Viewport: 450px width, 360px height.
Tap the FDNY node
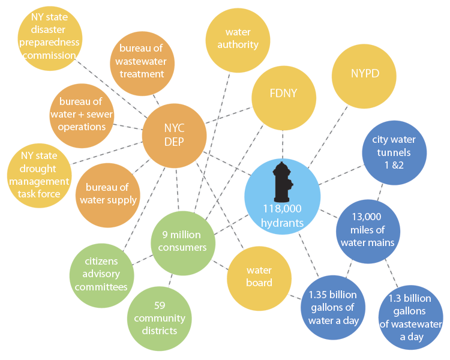click(x=283, y=94)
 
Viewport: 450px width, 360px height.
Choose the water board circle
click(x=259, y=277)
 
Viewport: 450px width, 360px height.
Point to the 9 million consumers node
click(x=184, y=241)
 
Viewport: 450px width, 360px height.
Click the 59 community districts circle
click(x=159, y=318)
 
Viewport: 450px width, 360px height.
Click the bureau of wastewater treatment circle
click(x=142, y=61)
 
